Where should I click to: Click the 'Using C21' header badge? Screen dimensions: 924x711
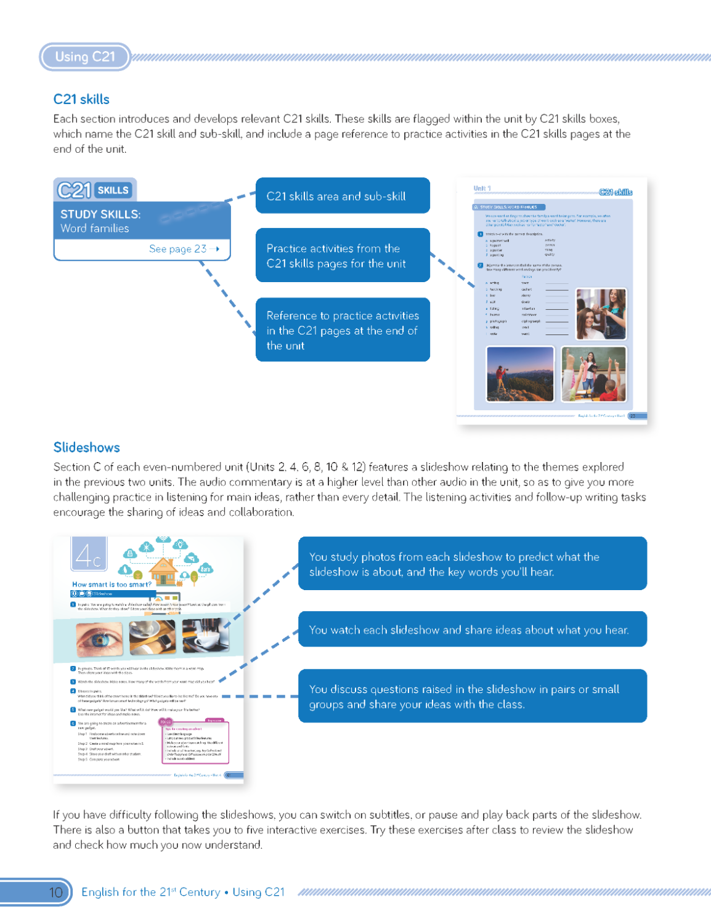click(85, 57)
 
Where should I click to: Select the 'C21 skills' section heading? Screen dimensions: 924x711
click(81, 99)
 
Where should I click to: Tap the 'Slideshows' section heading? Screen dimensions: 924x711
click(86, 447)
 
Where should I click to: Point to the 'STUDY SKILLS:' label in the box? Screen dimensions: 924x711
click(100, 214)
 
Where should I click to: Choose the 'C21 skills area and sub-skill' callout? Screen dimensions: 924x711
click(343, 196)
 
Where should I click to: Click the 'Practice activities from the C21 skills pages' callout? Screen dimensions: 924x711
click(343, 256)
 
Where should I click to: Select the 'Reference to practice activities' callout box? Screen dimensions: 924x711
click(343, 330)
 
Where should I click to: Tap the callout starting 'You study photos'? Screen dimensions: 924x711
click(472, 564)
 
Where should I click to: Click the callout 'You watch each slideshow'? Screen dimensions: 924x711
click(472, 630)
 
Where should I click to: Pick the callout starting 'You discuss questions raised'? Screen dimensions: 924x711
click(472, 696)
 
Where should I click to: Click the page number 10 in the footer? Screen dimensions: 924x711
click(55, 892)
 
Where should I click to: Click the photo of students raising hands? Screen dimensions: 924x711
click(594, 373)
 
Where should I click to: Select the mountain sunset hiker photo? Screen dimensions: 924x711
click(520, 373)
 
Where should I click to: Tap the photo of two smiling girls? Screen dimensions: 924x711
click(601, 314)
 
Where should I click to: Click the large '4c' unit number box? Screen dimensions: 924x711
click(89, 555)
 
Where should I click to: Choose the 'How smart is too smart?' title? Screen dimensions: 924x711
click(112, 585)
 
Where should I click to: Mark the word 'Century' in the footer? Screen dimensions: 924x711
click(199, 892)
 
